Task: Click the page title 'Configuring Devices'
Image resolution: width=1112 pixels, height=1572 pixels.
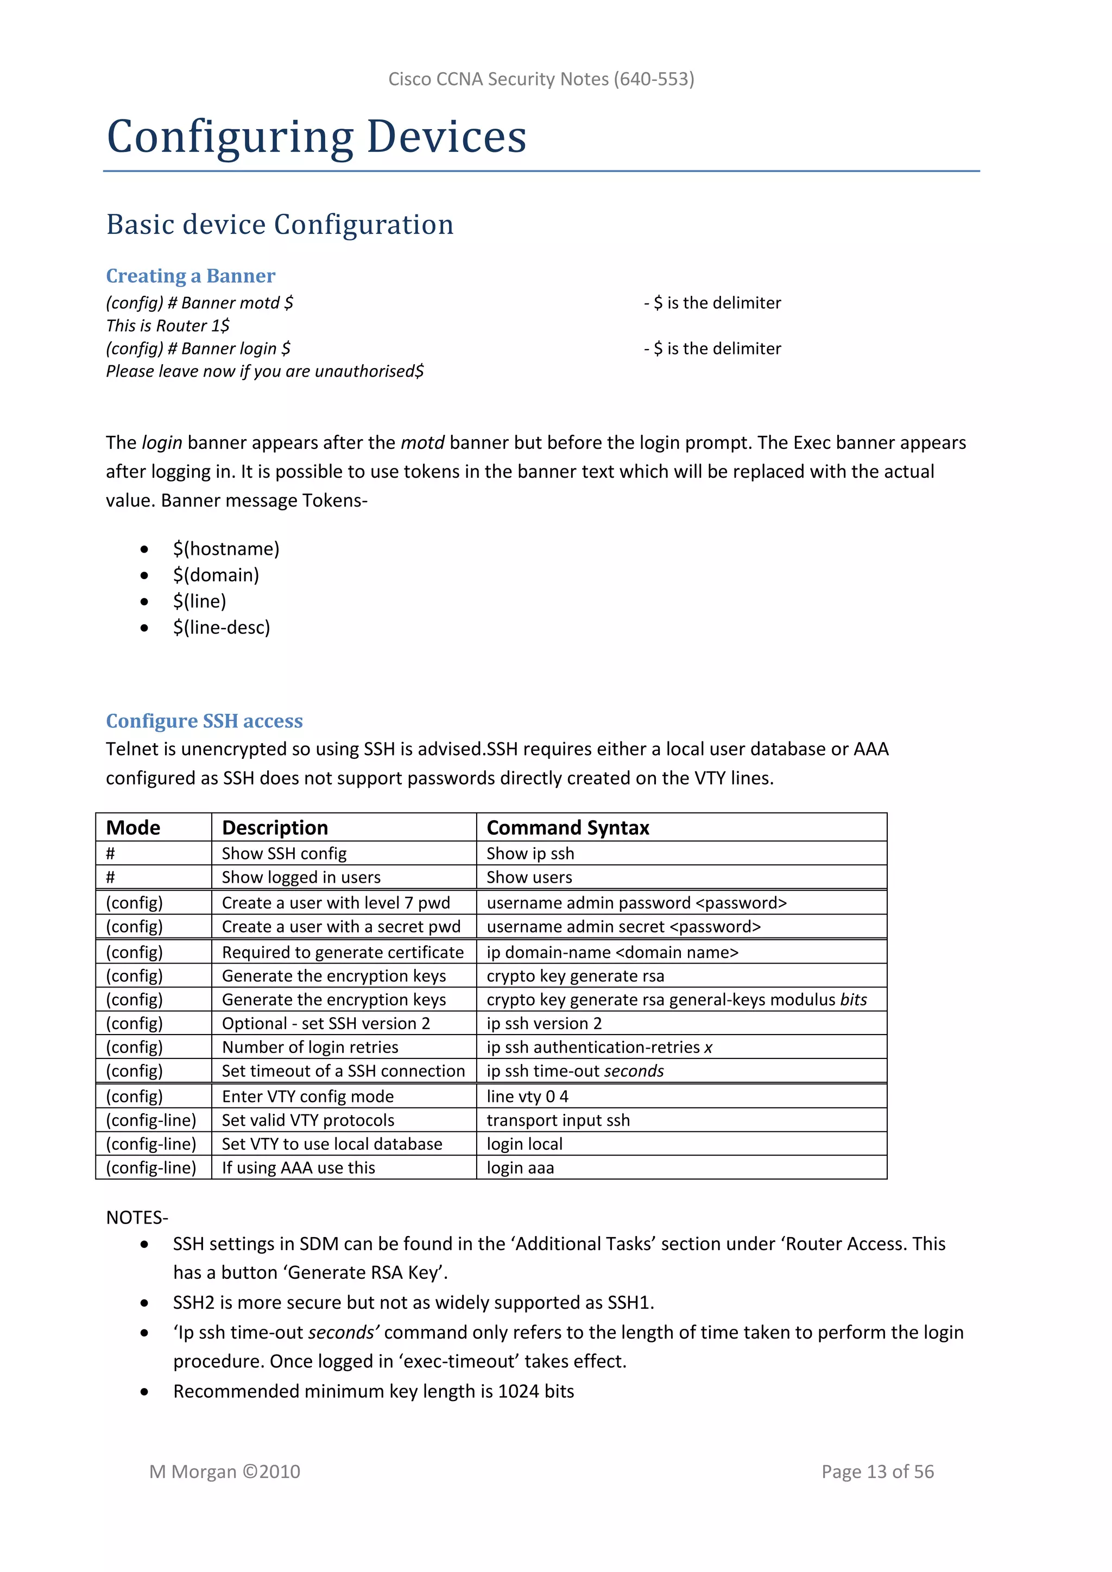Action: pyautogui.click(x=317, y=136)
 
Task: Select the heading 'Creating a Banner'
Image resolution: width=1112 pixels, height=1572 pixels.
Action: pyautogui.click(x=191, y=276)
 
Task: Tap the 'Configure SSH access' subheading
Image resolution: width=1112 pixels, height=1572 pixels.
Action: pyautogui.click(x=204, y=721)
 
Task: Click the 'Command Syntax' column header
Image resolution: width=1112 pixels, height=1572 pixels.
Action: pyautogui.click(x=567, y=828)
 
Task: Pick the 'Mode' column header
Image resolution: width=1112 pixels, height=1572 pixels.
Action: pyautogui.click(x=133, y=828)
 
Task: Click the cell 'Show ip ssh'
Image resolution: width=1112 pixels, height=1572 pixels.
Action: pyautogui.click(x=530, y=854)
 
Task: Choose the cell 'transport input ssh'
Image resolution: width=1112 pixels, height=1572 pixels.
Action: pyautogui.click(x=558, y=1120)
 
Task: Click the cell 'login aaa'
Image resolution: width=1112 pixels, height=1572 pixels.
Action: pyautogui.click(x=520, y=1168)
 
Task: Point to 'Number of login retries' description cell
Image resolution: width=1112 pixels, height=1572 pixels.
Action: pyautogui.click(x=309, y=1048)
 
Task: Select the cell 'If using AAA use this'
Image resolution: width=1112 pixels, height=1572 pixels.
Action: pyautogui.click(x=298, y=1168)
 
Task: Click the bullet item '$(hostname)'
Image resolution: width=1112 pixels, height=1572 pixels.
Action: pyautogui.click(x=226, y=549)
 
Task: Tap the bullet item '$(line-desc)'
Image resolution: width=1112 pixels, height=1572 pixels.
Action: pyautogui.click(x=221, y=628)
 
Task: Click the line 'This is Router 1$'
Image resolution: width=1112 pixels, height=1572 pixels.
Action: pyautogui.click(x=168, y=326)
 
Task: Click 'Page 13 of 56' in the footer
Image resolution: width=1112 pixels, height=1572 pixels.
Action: pyautogui.click(x=877, y=1472)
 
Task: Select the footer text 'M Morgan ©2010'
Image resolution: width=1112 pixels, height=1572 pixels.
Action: pyautogui.click(x=225, y=1472)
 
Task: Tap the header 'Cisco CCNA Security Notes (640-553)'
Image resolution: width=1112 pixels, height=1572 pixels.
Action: pyautogui.click(x=541, y=79)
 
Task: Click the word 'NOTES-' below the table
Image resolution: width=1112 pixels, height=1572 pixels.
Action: pyautogui.click(x=137, y=1218)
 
